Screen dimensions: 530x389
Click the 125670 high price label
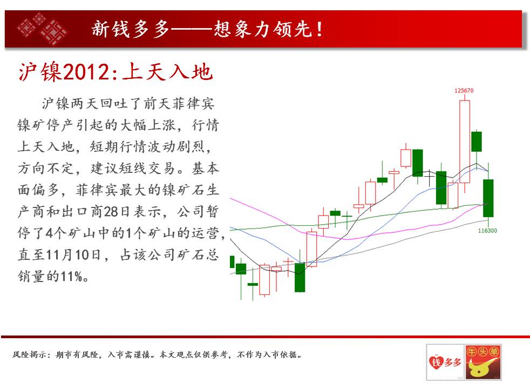[x=464, y=91]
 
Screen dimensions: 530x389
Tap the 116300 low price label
[x=487, y=231]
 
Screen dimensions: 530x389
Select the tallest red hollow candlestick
[x=465, y=142]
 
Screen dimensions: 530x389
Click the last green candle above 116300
[x=488, y=198]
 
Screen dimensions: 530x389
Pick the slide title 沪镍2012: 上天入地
[x=115, y=72]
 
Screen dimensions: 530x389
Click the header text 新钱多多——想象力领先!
[x=207, y=29]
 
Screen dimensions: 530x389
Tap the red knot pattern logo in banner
[x=42, y=29]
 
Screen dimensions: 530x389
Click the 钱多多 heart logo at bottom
[x=445, y=362]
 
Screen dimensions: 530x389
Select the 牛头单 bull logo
[x=483, y=362]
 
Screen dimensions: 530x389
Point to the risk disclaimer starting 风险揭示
[x=157, y=354]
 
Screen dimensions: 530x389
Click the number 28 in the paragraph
[x=111, y=212]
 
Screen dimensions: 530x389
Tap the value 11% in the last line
[x=71, y=277]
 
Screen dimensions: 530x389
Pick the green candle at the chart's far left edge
[x=232, y=262]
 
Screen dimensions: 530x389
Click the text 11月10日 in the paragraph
[x=73, y=254]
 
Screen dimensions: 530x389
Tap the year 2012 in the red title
[x=86, y=72]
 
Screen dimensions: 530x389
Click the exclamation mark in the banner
[x=319, y=29]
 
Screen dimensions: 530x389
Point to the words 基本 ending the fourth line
[x=206, y=168]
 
